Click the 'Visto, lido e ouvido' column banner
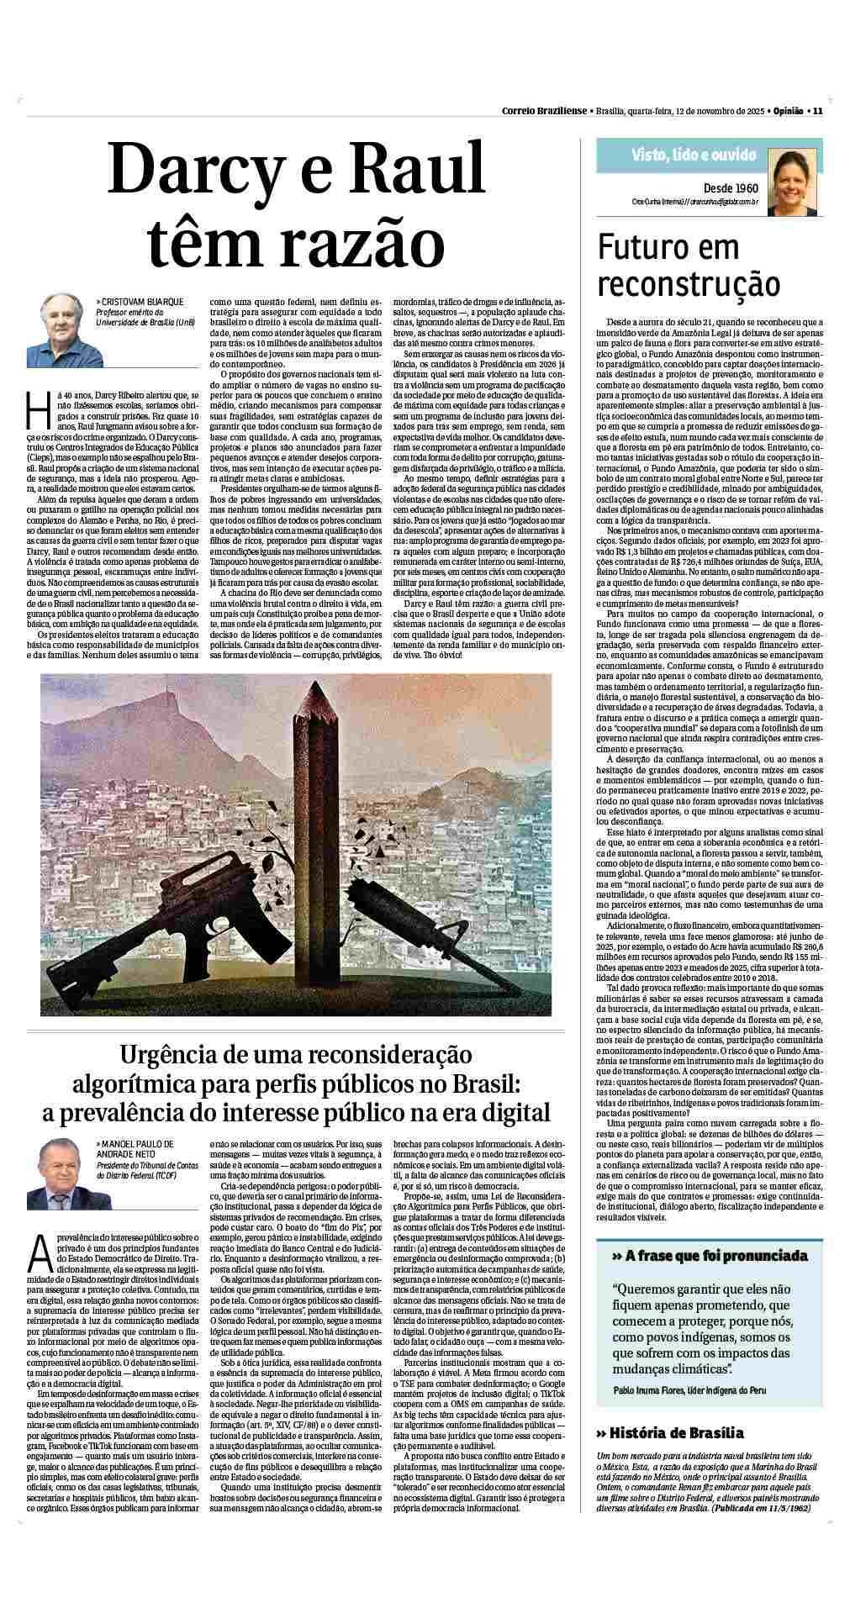[693, 155]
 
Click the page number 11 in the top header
[816, 110]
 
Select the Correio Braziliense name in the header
[545, 110]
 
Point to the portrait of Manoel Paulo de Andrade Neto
[59, 1172]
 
